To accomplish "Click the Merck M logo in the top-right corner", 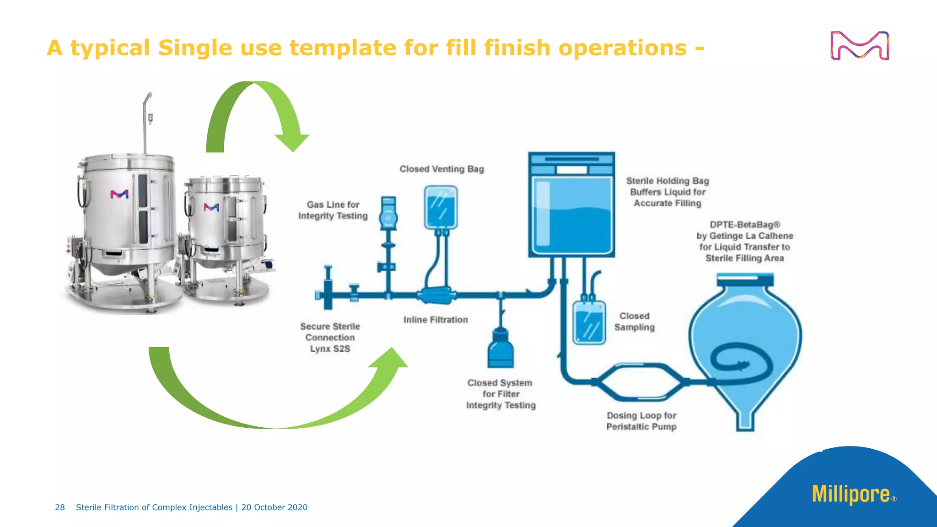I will coord(859,46).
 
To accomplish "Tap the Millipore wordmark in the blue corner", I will coord(851,495).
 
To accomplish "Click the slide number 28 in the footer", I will coord(60,507).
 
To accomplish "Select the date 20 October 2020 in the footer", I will coord(275,507).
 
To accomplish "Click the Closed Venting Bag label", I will coord(442,169).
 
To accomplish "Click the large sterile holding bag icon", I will coord(571,206).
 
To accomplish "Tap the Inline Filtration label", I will coord(436,320).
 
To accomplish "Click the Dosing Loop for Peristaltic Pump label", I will coord(641,421).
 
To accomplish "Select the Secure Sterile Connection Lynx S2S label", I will coord(330,338).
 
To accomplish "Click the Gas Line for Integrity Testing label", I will coord(333,210).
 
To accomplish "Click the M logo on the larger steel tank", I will coord(119,194).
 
